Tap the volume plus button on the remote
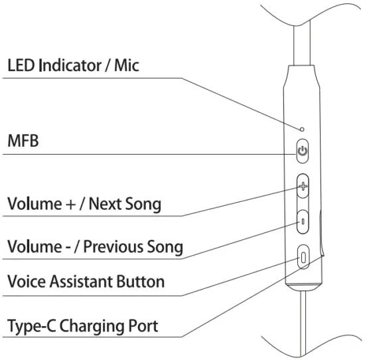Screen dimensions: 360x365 coord(303,186)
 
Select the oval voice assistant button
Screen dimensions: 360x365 coord(304,256)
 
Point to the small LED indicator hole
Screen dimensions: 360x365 coord(303,129)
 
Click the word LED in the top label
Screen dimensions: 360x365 coord(21,66)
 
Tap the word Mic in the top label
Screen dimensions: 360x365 coord(127,66)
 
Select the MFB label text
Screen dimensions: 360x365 coord(23,141)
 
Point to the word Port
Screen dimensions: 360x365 coord(143,326)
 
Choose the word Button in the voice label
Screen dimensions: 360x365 coord(142,282)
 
